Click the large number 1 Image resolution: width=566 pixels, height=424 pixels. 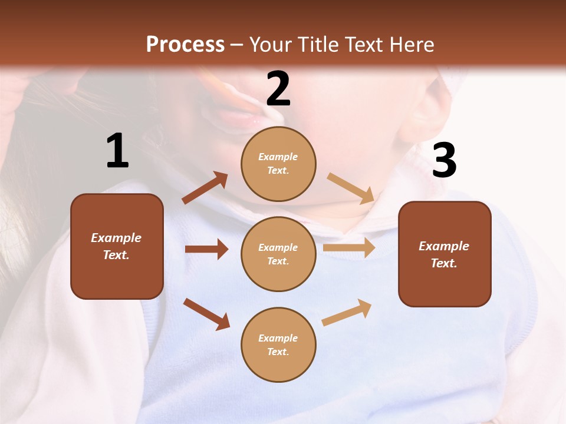pos(117,151)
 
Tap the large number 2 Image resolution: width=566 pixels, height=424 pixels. pos(278,89)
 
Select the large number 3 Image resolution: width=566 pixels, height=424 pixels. pos(444,160)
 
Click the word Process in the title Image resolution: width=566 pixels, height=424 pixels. pos(185,44)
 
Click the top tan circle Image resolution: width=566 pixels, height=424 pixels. pos(278,164)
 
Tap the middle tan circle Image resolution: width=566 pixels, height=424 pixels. pos(278,254)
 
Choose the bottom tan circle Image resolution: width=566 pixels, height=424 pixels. pos(278,344)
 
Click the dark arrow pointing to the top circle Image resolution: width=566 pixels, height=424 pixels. pos(205,188)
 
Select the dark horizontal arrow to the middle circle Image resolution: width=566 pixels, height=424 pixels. pos(206,249)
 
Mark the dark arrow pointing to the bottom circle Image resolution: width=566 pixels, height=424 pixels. pos(206,314)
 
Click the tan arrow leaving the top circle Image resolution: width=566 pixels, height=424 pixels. pos(351,188)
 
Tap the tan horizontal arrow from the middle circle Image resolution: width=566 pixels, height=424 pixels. pos(349,248)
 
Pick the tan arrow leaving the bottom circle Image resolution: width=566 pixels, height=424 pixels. pos(347,313)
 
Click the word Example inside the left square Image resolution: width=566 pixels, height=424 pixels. pos(116,238)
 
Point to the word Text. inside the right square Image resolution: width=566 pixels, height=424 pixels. pos(444,263)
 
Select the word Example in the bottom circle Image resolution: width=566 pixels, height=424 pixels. pos(278,338)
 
